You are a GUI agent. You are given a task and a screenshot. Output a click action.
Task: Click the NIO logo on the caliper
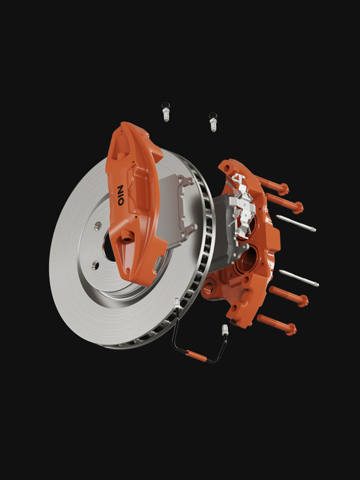tap(121, 195)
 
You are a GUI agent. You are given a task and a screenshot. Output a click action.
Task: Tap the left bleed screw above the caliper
tap(166, 112)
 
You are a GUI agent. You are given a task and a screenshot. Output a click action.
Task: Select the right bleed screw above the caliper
tap(213, 122)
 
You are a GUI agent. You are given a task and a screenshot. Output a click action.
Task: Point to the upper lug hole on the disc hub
tap(98, 226)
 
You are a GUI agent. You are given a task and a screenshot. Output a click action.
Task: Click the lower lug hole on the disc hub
tap(96, 265)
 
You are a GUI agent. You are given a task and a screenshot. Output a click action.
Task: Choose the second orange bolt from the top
tap(284, 203)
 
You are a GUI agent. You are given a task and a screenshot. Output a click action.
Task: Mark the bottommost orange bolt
tap(277, 324)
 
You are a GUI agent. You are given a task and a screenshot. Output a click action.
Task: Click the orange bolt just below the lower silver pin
tap(289, 296)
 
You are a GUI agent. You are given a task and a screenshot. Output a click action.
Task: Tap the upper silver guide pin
tap(296, 223)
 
